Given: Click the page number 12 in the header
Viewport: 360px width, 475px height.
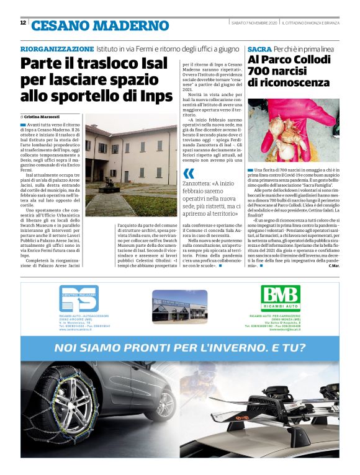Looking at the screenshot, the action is (x=22, y=23).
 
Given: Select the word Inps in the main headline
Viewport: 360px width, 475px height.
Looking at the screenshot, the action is (x=153, y=95).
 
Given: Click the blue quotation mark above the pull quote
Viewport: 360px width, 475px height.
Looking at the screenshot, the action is (x=189, y=173).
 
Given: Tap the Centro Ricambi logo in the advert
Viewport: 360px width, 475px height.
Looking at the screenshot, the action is (x=79, y=300).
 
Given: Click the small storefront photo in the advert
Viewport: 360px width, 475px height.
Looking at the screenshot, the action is (x=180, y=306).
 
